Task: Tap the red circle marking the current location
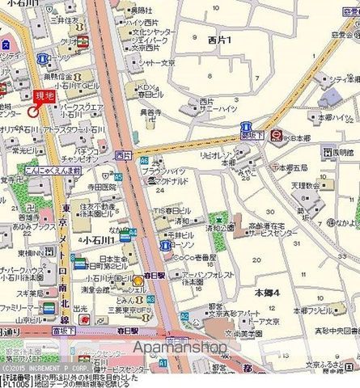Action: click(34, 112)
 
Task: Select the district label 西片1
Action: click(219, 39)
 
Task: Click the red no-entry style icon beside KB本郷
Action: click(276, 135)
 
